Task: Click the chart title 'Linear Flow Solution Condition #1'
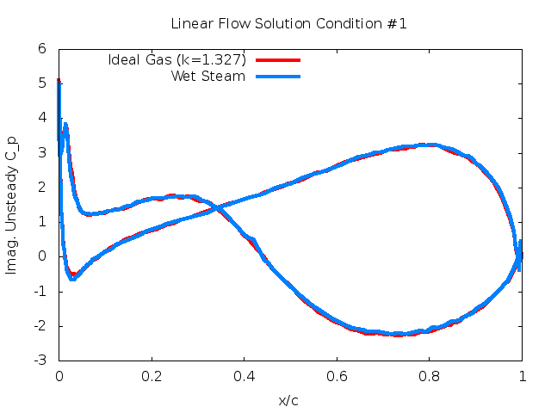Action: click(288, 23)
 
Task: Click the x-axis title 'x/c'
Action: click(288, 400)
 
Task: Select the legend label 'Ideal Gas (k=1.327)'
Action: click(177, 60)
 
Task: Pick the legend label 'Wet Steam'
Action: click(208, 76)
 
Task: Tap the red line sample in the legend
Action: click(278, 60)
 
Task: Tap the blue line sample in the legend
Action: click(278, 77)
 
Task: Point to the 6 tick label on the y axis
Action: click(41, 49)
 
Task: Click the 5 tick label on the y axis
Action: click(41, 83)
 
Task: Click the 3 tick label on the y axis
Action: click(41, 152)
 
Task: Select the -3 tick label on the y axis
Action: click(39, 360)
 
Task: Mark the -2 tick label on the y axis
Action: click(39, 325)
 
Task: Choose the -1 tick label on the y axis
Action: click(39, 291)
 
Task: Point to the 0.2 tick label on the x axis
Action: click(152, 376)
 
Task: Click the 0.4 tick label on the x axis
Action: click(245, 376)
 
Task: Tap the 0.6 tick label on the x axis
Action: click(337, 376)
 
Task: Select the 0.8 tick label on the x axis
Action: click(430, 376)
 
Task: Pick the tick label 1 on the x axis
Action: click(522, 376)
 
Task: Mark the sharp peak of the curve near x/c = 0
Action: click(59, 81)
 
